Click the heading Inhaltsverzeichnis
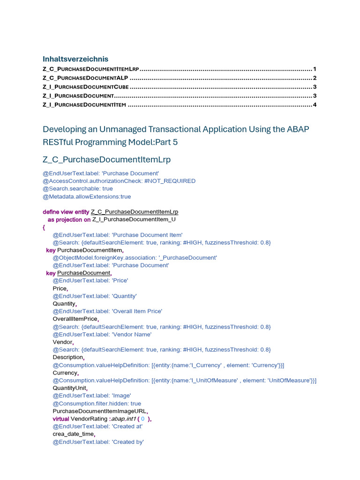[75, 59]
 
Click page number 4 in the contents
[315, 105]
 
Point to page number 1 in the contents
[315, 69]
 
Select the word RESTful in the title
[60, 142]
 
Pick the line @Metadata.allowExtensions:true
[87, 196]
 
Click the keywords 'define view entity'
[66, 212]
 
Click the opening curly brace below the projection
[44, 227]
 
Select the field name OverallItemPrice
[75, 319]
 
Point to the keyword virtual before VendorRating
[61, 419]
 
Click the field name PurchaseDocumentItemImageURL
[100, 411]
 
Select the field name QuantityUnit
[69, 388]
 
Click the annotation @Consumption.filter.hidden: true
[97, 404]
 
